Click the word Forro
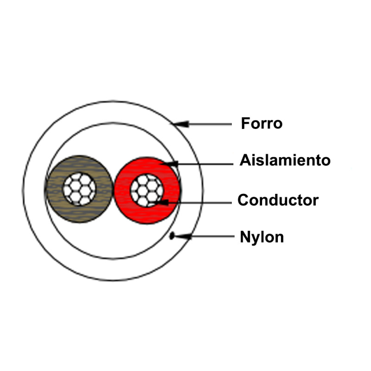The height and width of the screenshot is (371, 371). click(262, 124)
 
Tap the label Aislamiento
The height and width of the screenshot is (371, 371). click(285, 160)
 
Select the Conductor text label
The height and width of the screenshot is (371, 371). click(278, 200)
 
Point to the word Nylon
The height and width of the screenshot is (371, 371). click(262, 237)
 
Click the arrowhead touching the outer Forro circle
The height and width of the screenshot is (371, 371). click(181, 124)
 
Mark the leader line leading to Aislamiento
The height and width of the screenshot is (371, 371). click(204, 163)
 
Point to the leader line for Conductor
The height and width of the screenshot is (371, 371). click(199, 202)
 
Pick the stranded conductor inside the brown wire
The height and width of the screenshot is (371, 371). click(79, 189)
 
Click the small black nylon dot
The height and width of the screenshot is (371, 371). click(172, 236)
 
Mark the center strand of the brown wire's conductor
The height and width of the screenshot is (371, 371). click(79, 189)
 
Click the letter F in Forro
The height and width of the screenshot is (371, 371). click(245, 124)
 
